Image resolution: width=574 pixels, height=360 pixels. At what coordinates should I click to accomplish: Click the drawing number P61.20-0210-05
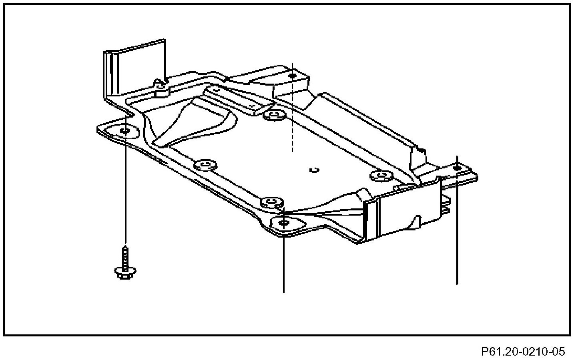pos(523,352)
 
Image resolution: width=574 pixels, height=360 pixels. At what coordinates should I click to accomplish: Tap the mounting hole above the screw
pos(125,131)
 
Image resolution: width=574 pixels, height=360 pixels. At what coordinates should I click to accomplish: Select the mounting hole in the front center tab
pos(285,222)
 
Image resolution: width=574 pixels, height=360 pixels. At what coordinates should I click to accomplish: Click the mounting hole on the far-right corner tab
pos(457,168)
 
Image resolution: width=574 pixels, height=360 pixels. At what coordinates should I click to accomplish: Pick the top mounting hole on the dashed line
pos(293,76)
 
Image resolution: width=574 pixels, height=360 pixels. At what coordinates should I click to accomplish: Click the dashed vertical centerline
pos(293,120)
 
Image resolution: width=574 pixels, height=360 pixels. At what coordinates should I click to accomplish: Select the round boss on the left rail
pos(205,165)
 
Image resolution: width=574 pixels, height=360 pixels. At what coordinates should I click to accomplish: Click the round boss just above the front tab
pos(271,201)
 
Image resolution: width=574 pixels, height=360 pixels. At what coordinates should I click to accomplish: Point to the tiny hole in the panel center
pos(314,170)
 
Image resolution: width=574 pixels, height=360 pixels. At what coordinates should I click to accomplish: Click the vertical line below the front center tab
pos(283,264)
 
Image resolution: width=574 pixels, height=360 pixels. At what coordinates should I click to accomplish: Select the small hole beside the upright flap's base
pos(161,86)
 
